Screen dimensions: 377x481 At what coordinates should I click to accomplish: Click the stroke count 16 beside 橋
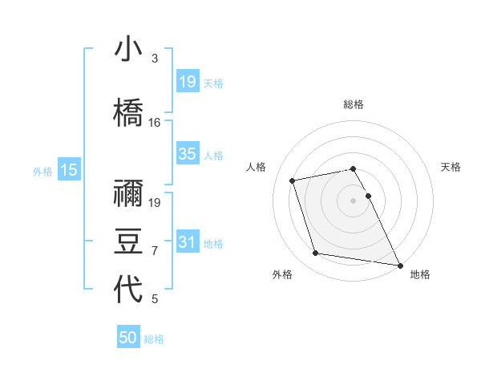tap(155, 123)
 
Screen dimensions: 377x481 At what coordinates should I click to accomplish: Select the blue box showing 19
tap(188, 82)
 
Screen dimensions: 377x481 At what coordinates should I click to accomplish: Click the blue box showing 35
tap(188, 154)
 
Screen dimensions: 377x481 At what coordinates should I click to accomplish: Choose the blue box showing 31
tap(188, 242)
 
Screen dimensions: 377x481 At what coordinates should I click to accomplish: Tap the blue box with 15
tap(68, 170)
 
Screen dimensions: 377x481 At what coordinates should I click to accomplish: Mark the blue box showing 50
tap(128, 338)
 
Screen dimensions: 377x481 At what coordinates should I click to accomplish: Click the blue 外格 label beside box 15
tap(42, 171)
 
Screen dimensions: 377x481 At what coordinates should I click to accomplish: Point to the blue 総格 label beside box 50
tap(154, 339)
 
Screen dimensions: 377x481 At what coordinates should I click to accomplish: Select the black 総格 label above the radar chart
tap(354, 104)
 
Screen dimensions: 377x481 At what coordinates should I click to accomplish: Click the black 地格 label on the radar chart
tap(420, 274)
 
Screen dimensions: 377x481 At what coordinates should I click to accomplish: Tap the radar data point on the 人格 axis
tap(293, 179)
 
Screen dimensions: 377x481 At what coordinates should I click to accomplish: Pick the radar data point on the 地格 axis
tap(399, 265)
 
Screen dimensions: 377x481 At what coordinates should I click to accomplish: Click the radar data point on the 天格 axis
tap(369, 196)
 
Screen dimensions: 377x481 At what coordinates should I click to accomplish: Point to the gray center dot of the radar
tap(354, 200)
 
